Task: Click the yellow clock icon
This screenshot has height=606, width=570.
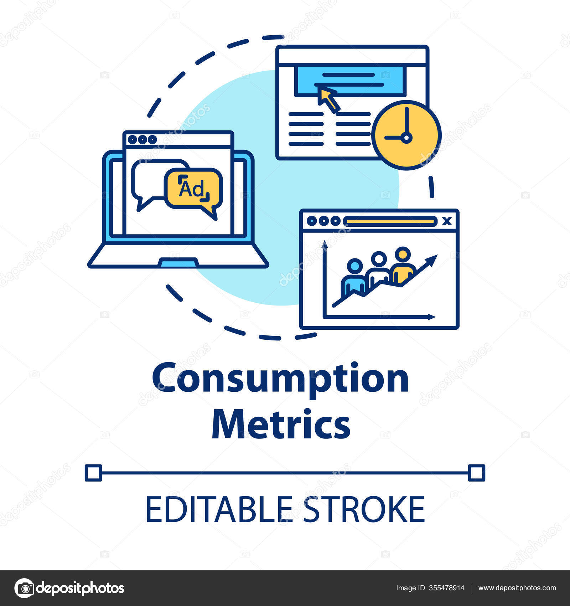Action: pyautogui.click(x=406, y=135)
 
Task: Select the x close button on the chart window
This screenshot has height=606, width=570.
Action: pyautogui.click(x=447, y=221)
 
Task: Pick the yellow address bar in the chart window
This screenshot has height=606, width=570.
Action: pyautogui.click(x=390, y=221)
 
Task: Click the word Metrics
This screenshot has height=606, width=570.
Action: pyautogui.click(x=281, y=425)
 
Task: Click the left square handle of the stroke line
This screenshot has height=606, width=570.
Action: pyautogui.click(x=93, y=473)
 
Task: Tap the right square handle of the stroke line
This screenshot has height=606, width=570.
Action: pyautogui.click(x=476, y=473)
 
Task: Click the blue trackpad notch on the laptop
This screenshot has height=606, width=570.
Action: pyautogui.click(x=178, y=263)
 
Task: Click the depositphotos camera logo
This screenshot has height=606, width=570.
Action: pyautogui.click(x=24, y=588)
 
